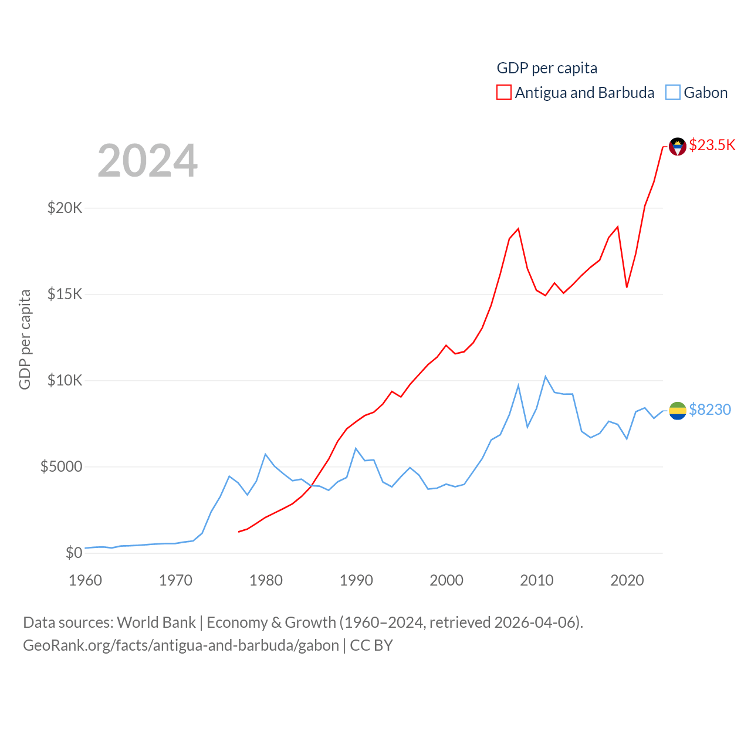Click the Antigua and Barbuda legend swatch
point(504,93)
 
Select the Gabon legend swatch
point(673,93)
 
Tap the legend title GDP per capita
point(547,68)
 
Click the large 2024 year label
point(147,161)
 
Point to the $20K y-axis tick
point(65,208)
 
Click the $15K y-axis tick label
point(65,294)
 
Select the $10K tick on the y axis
point(65,380)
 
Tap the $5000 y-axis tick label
point(61,466)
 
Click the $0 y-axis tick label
point(74,553)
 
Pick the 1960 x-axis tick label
point(86,580)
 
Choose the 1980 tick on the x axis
point(266,580)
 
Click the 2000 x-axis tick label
point(446,580)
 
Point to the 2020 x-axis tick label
point(627,580)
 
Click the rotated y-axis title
point(25,339)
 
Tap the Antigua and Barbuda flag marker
point(678,147)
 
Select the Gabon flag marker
point(678,411)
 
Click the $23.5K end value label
point(712,145)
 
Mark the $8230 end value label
point(710,410)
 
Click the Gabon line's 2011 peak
point(546,377)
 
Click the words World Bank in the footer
point(156,622)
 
